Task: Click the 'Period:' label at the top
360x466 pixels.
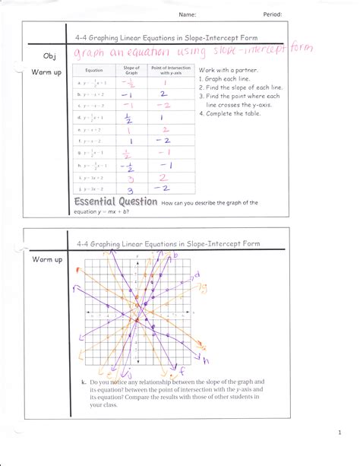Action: pyautogui.click(x=273, y=14)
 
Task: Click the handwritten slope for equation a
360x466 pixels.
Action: pyautogui.click(x=128, y=83)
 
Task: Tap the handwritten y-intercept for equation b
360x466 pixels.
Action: pyautogui.click(x=163, y=95)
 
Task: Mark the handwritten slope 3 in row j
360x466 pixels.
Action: pyautogui.click(x=129, y=188)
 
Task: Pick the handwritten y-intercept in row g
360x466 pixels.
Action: pyautogui.click(x=164, y=153)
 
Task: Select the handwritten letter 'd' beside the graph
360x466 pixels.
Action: pyautogui.click(x=197, y=274)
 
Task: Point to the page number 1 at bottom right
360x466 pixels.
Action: pyautogui.click(x=340, y=433)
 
